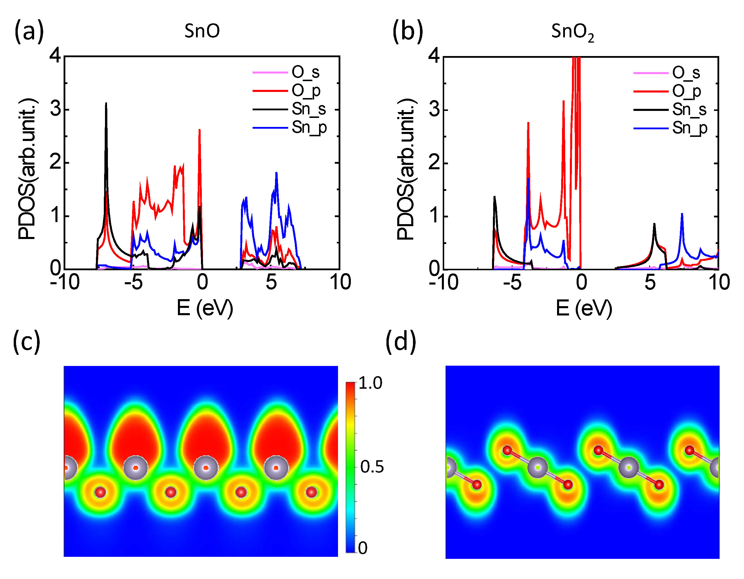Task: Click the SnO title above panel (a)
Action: click(202, 31)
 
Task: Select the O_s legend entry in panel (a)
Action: click(305, 72)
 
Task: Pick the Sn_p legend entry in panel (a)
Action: click(309, 128)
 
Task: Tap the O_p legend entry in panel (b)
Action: click(686, 91)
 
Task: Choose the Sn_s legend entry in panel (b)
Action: click(689, 110)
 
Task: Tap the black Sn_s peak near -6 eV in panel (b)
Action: click(494, 197)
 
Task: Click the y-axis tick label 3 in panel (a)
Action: click(55, 109)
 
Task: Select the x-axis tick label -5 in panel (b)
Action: click(512, 282)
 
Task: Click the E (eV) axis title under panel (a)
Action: click(205, 308)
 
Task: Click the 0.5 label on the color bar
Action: click(372, 467)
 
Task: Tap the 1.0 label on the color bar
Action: click(370, 383)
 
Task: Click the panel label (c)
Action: click(27, 342)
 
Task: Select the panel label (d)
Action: click(401, 342)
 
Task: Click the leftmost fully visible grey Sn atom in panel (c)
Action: click(136, 468)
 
